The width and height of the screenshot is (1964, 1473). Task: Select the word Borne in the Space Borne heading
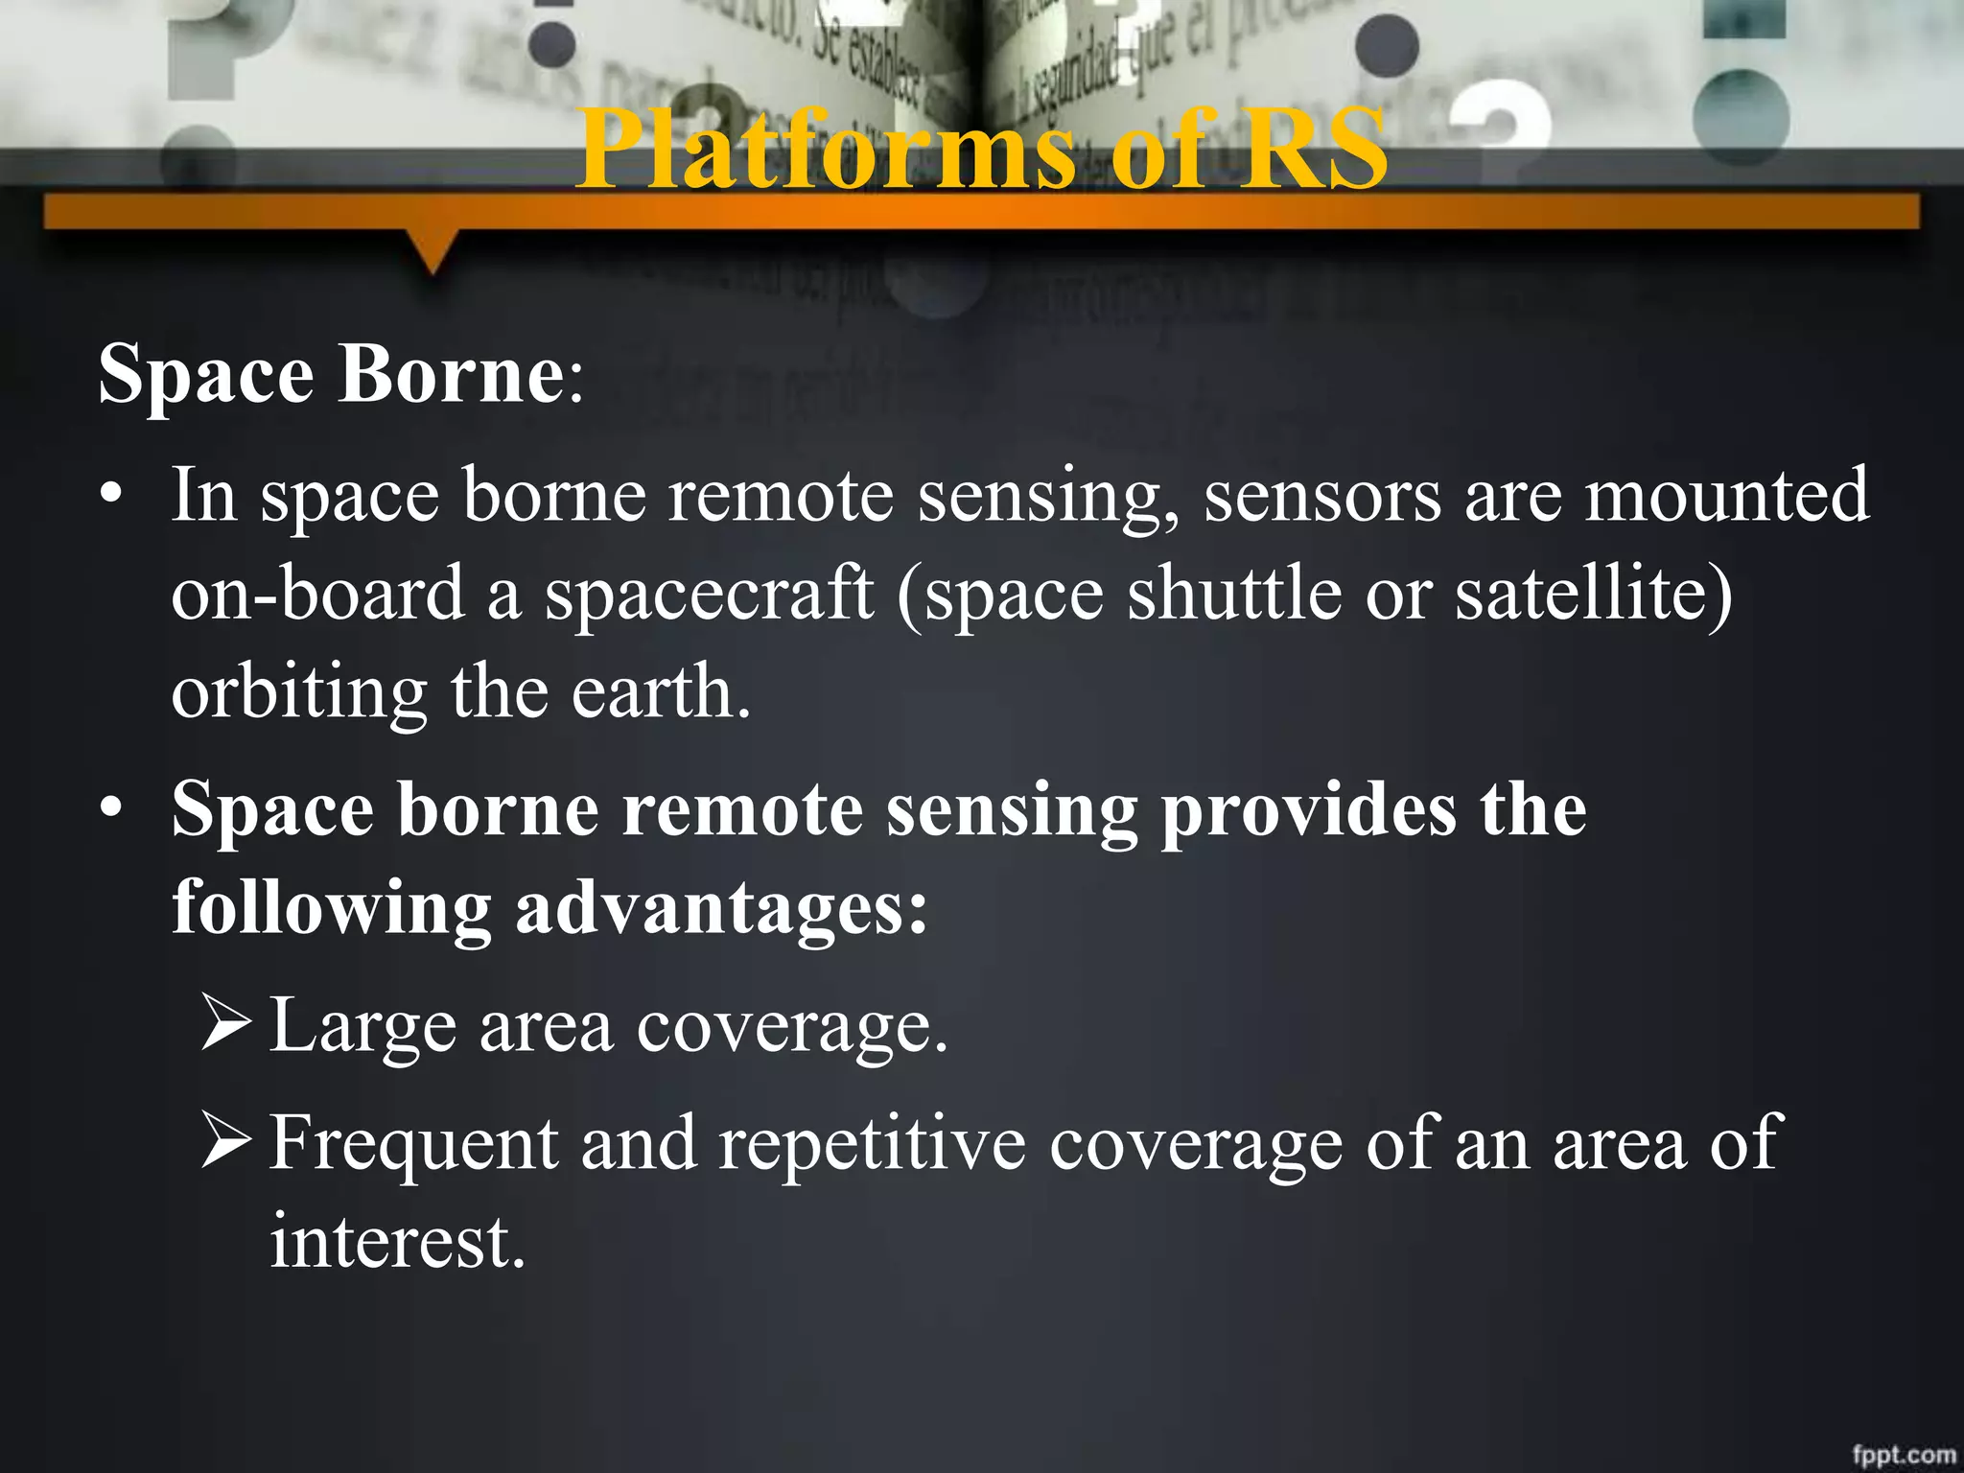452,374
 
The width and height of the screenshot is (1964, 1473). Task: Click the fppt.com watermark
1903,1454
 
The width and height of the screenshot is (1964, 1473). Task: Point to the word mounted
1725,496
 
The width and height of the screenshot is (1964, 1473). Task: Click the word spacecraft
709,596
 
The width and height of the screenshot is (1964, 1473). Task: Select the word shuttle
1233,594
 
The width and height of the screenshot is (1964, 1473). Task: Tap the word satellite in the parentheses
1582,594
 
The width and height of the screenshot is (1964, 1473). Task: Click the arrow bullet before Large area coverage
227,1024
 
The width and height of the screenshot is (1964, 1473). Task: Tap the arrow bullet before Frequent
227,1141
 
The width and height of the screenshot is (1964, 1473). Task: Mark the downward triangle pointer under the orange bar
433,253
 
